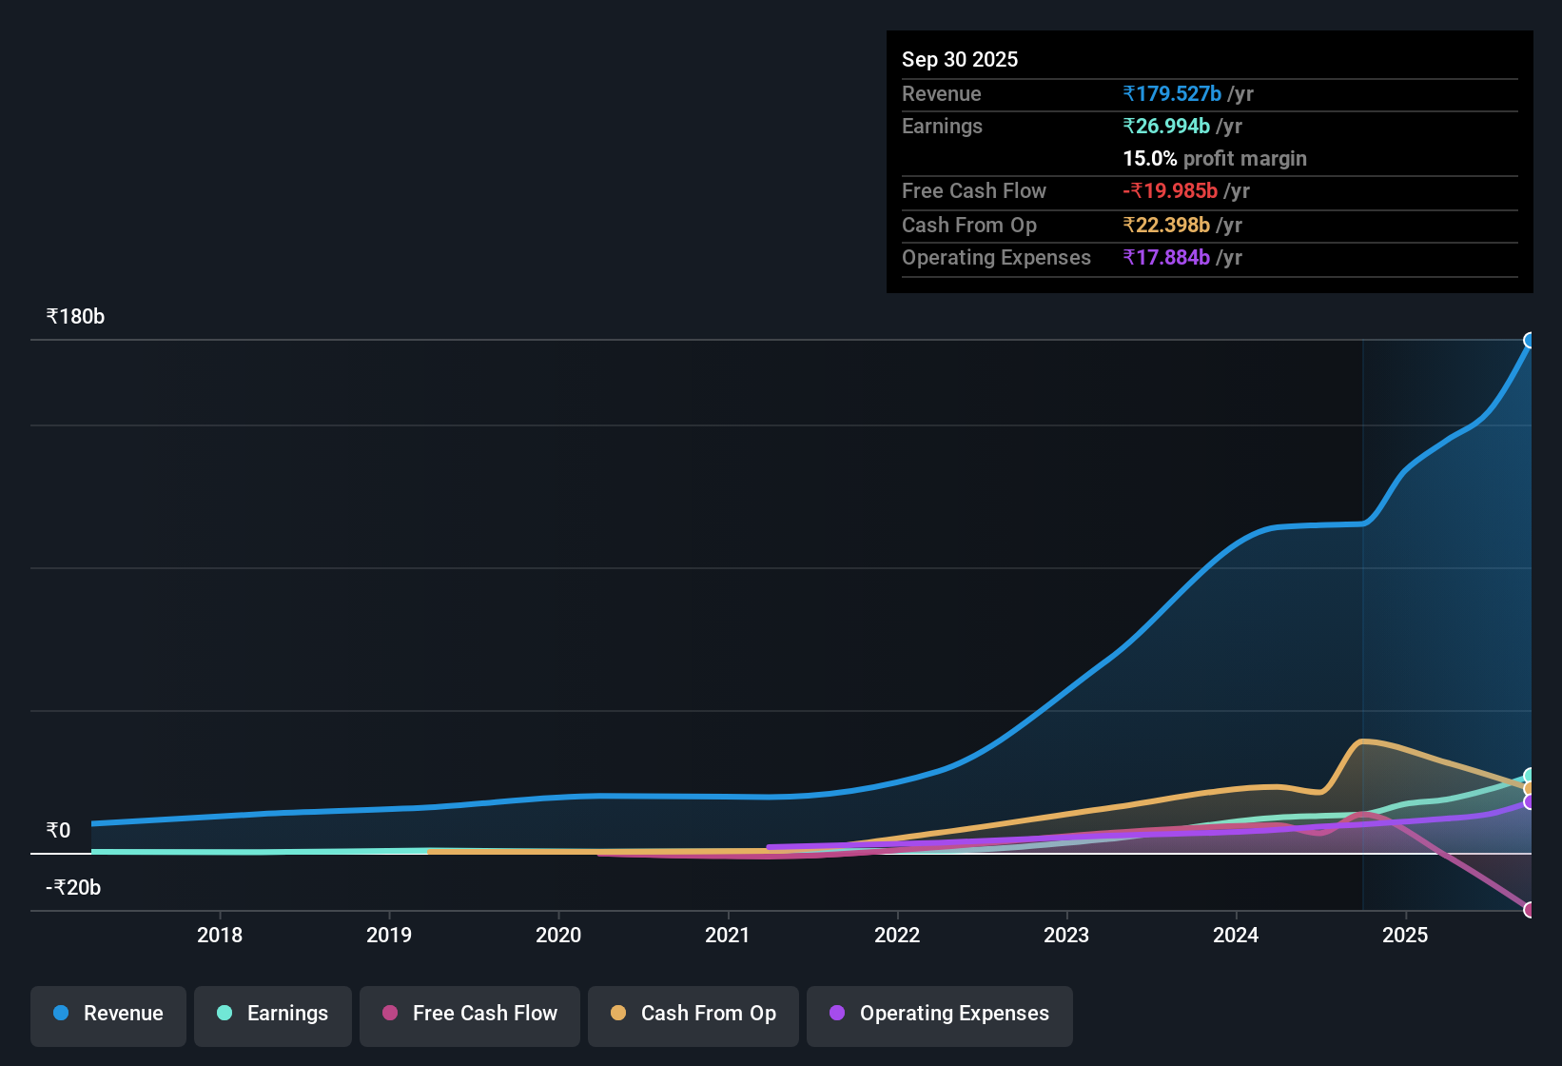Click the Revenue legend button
(108, 1014)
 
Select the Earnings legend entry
(273, 1014)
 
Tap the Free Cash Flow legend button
(470, 1014)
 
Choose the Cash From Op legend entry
(693, 1014)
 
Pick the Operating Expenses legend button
(940, 1014)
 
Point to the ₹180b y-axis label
(75, 317)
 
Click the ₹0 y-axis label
(58, 831)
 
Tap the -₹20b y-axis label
(73, 888)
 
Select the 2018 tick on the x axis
(220, 936)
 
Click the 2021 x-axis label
(728, 936)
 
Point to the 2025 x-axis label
(1405, 936)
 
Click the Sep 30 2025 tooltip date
(960, 60)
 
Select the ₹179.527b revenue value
(1172, 94)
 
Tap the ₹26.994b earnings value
(1166, 127)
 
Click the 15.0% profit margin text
(1215, 159)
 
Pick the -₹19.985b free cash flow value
(1170, 191)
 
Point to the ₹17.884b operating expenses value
(1166, 258)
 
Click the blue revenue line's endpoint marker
(1530, 341)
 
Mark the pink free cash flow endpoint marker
(1530, 910)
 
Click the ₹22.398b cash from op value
(1166, 226)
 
